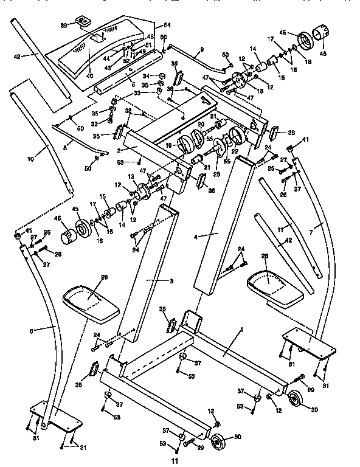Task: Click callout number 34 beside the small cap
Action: pos(145,75)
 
